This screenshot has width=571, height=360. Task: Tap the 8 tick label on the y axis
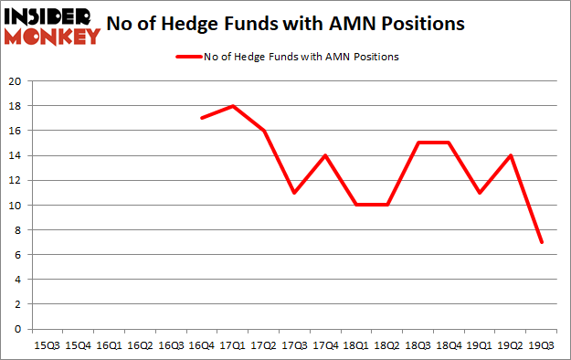[x=18, y=230]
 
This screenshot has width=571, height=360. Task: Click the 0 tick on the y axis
[x=18, y=329]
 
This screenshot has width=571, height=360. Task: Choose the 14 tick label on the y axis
[x=16, y=155]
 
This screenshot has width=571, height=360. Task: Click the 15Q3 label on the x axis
[x=47, y=345]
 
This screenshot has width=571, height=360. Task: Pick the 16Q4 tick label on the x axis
[x=201, y=345]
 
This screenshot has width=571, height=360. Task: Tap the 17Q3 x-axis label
[x=294, y=345]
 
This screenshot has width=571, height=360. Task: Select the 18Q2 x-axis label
[x=387, y=345]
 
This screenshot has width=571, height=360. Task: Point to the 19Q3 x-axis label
[x=543, y=345]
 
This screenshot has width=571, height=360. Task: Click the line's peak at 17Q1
[x=232, y=106]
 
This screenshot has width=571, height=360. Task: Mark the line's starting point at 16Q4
[x=201, y=118]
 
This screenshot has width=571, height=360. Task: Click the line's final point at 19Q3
[x=543, y=242]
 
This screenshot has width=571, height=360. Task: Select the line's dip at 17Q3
[x=294, y=193]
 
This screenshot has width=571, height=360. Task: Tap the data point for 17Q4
[x=325, y=155]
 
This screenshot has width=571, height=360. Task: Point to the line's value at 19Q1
[x=481, y=193]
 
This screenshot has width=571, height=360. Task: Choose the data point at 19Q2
[x=512, y=155]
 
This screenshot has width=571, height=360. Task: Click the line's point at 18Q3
[x=418, y=143]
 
